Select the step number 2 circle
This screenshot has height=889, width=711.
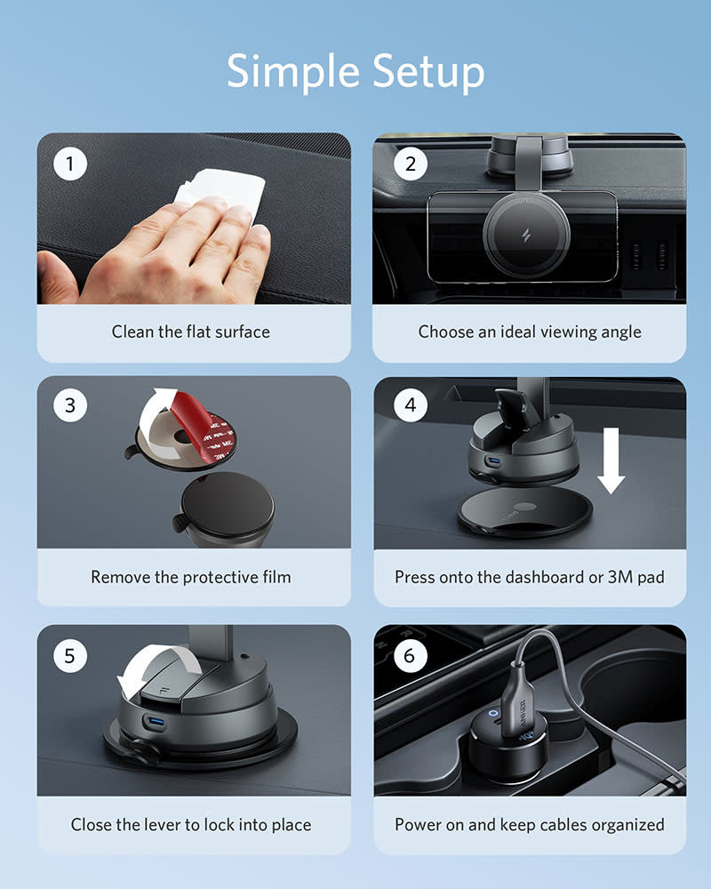[410, 164]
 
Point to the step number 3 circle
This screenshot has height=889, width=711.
[71, 406]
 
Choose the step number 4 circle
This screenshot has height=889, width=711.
[410, 405]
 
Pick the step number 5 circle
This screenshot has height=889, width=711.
[71, 656]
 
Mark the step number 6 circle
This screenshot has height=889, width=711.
[410, 656]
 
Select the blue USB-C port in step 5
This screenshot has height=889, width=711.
[154, 721]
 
